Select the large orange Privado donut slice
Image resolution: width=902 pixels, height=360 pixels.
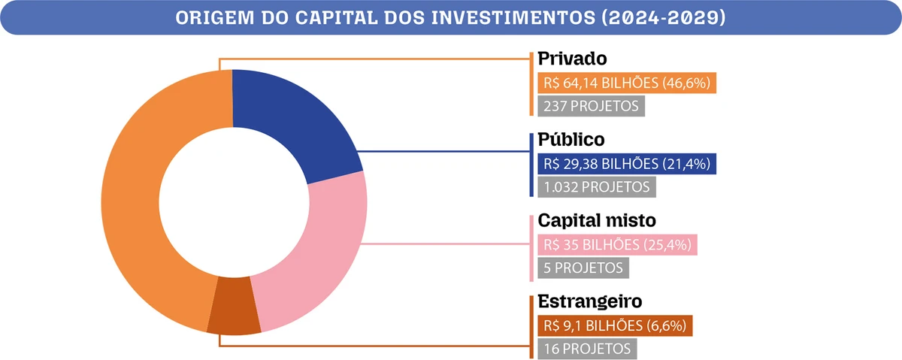pos(132,203)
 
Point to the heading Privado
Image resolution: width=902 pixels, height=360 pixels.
pos(572,59)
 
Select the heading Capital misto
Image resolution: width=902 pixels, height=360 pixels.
pos(598,221)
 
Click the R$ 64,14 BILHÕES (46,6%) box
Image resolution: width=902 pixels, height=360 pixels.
pos(625,83)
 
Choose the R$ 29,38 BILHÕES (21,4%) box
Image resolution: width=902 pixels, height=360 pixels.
pos(625,164)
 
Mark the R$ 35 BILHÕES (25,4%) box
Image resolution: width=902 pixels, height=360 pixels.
pos(616,245)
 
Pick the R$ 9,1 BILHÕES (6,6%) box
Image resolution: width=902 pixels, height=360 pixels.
pos(613,325)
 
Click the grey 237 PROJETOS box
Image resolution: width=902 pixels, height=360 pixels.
pos(590,106)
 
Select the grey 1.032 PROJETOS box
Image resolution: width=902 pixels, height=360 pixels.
pos(596,186)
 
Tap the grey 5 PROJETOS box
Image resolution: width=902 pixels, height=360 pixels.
pos(581,267)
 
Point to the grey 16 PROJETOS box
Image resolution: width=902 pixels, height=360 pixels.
pos(586,348)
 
